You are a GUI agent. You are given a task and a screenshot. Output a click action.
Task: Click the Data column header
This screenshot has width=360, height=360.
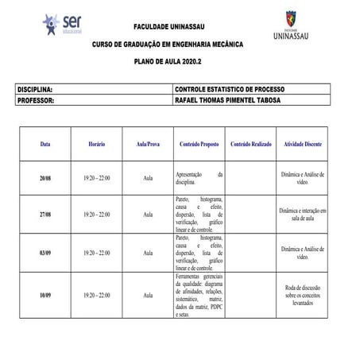click(x=45, y=146)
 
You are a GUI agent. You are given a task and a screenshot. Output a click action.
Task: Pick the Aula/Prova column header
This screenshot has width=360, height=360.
click(x=148, y=146)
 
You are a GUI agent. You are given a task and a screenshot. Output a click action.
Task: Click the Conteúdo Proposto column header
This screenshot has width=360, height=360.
click(x=199, y=146)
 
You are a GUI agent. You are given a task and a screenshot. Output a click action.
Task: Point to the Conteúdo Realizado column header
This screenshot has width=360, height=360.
click(x=251, y=146)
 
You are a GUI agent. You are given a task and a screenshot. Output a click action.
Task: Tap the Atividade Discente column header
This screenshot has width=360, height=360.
click(x=302, y=146)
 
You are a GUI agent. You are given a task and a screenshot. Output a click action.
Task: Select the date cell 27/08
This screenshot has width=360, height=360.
click(x=46, y=215)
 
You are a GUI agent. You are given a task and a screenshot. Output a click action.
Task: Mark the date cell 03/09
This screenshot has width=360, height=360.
click(x=46, y=253)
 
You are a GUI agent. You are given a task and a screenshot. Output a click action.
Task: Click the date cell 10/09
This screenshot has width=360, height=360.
click(x=46, y=295)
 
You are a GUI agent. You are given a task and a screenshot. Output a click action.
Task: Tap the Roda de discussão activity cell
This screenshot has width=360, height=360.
click(x=302, y=295)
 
